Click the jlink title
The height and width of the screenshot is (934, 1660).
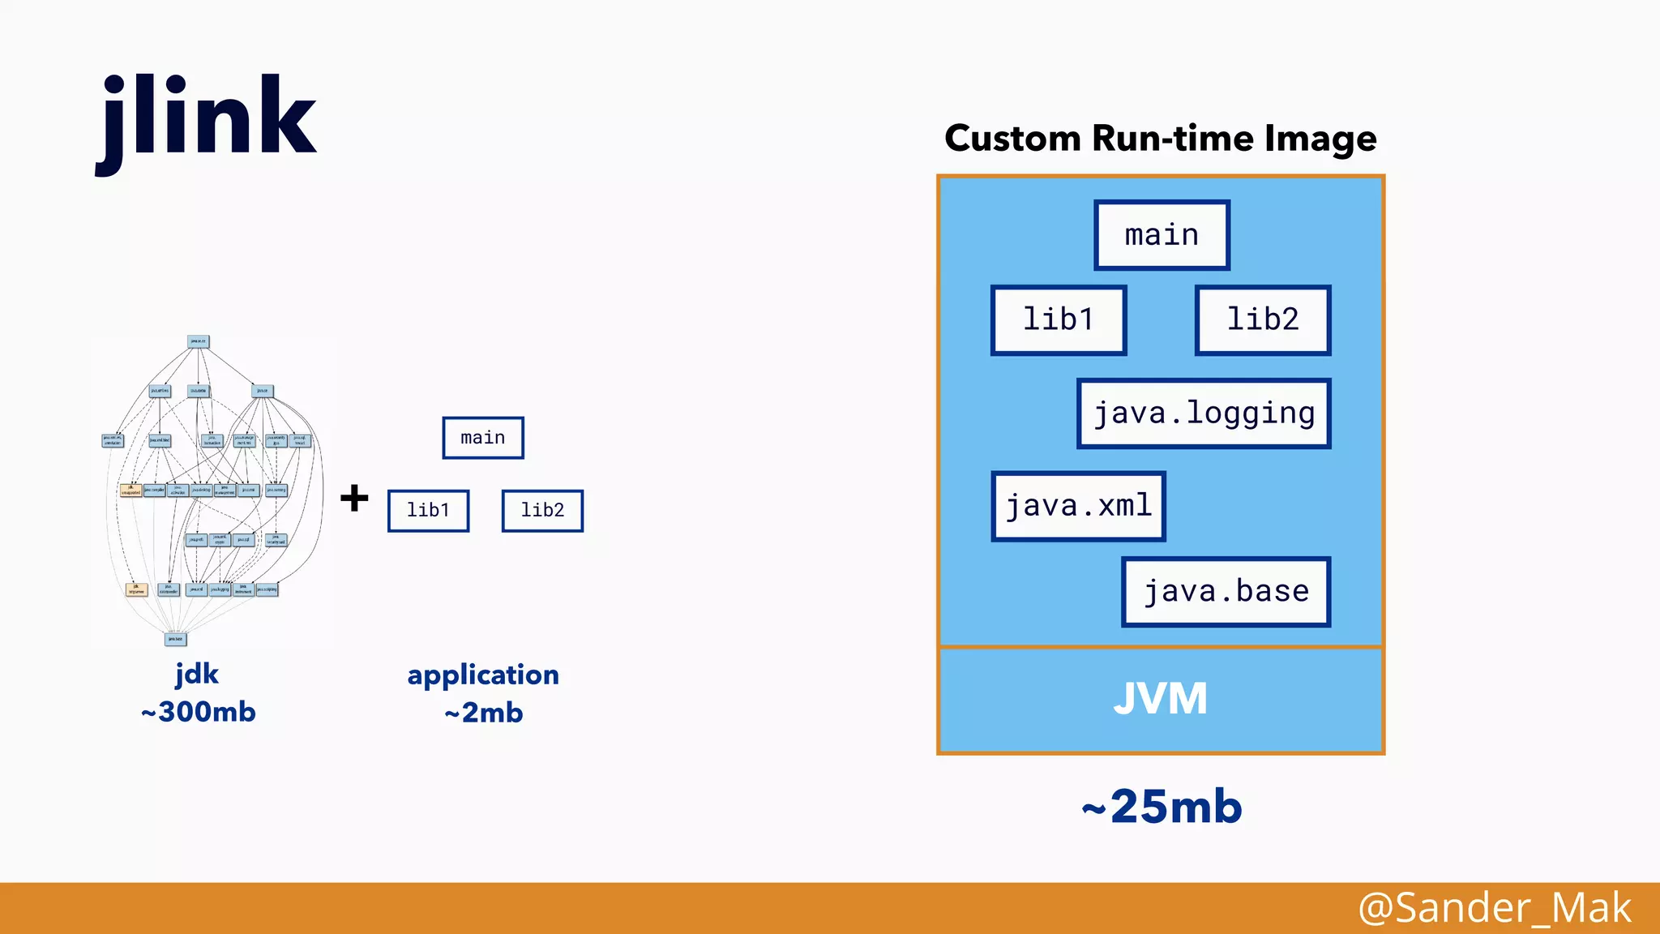[207, 118]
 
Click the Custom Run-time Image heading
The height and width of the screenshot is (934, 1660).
[1160, 138]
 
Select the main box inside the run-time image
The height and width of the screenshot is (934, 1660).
[1162, 235]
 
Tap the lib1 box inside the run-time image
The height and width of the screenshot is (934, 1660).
[1059, 319]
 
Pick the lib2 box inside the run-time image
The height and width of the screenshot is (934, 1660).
[1263, 319]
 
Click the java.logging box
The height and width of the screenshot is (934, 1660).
[1204, 413]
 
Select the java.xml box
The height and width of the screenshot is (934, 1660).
[1078, 506]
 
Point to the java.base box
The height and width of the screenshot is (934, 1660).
[1226, 591]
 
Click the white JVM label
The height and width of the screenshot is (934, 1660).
[1160, 699]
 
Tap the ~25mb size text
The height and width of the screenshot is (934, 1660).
[1162, 807]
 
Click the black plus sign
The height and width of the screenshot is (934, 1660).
[354, 497]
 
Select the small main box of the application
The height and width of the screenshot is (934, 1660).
[483, 438]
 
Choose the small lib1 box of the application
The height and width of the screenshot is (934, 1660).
[428, 510]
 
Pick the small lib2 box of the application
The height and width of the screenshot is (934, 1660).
[542, 510]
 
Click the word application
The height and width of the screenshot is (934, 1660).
[483, 675]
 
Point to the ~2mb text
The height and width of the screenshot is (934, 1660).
[483, 713]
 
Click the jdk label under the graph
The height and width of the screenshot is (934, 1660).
[197, 674]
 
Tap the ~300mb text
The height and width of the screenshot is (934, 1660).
[198, 712]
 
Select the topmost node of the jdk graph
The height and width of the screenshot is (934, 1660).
[199, 341]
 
